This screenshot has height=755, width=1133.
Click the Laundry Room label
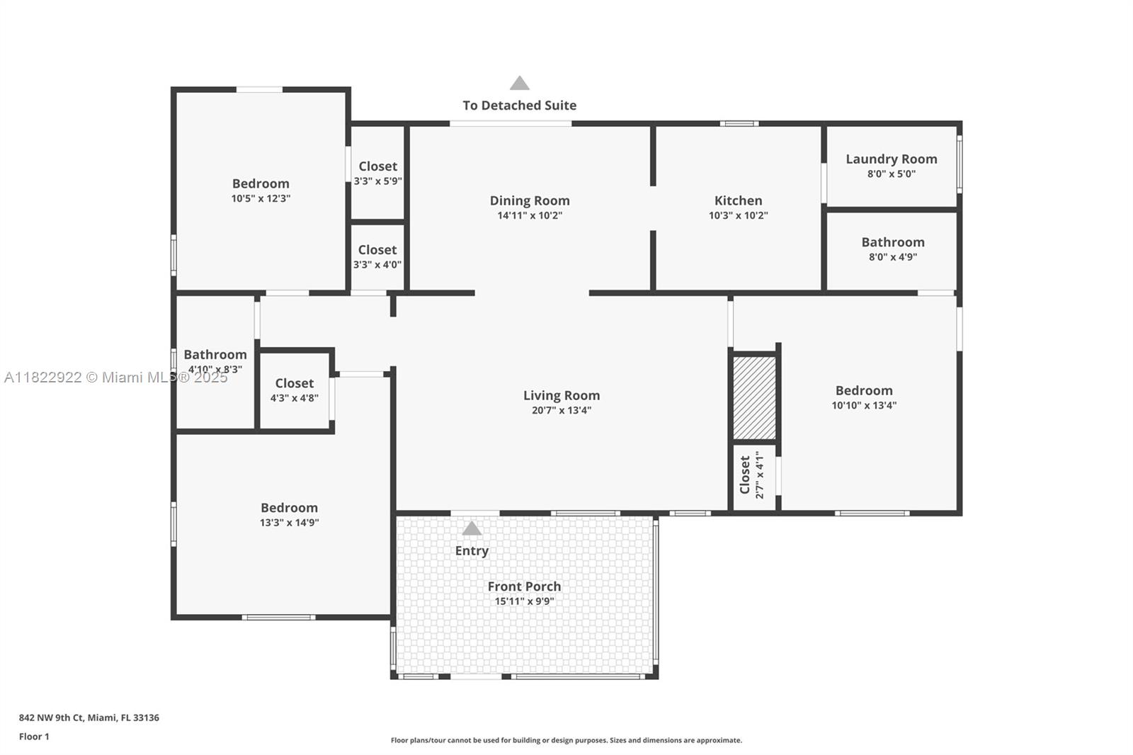click(x=892, y=159)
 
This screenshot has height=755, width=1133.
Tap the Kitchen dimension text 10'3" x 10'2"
click(x=738, y=215)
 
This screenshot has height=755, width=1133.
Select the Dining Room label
click(x=530, y=200)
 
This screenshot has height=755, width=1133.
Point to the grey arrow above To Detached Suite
click(x=520, y=83)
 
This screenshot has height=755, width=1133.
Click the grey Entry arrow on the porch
click(x=472, y=528)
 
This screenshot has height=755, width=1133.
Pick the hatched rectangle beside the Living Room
click(x=754, y=398)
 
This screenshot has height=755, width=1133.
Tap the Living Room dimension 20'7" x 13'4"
click(x=562, y=410)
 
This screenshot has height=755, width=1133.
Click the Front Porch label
click(x=524, y=586)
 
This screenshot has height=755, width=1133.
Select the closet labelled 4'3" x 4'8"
click(x=295, y=390)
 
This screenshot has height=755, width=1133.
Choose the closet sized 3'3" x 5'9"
click(x=378, y=173)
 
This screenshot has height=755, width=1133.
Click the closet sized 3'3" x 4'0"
click(x=377, y=256)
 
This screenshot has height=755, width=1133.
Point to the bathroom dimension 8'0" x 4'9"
click(x=893, y=256)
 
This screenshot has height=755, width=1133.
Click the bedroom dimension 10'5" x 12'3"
click(x=261, y=198)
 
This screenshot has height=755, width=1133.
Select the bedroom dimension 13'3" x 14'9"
click(x=290, y=522)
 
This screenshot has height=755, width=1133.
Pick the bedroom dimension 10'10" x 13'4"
click(x=864, y=405)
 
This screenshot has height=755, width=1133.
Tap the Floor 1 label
click(x=34, y=737)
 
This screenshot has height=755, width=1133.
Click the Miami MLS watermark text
click(x=116, y=377)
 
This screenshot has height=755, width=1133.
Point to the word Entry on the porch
click(x=472, y=550)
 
